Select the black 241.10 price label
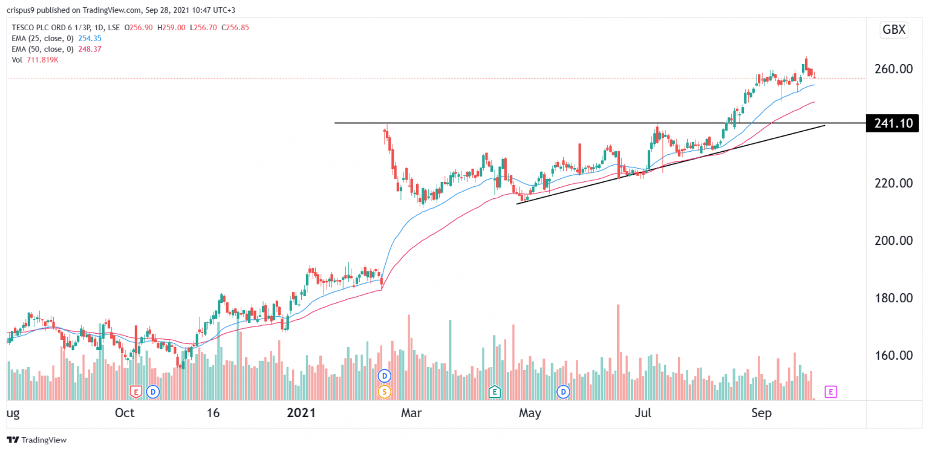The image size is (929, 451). click(892, 123)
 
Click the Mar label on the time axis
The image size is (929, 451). click(413, 414)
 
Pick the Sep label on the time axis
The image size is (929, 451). click(761, 414)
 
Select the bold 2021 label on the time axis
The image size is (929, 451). click(301, 414)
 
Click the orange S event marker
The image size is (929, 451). click(383, 392)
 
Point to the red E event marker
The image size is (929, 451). click(136, 392)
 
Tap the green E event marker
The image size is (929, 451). click(495, 392)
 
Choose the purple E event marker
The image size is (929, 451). click(831, 392)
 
